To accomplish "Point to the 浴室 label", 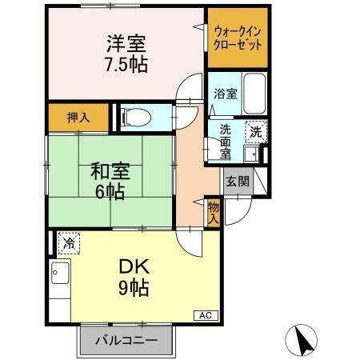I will (224, 94).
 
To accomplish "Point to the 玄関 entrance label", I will (237, 181).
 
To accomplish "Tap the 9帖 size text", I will (131, 289).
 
